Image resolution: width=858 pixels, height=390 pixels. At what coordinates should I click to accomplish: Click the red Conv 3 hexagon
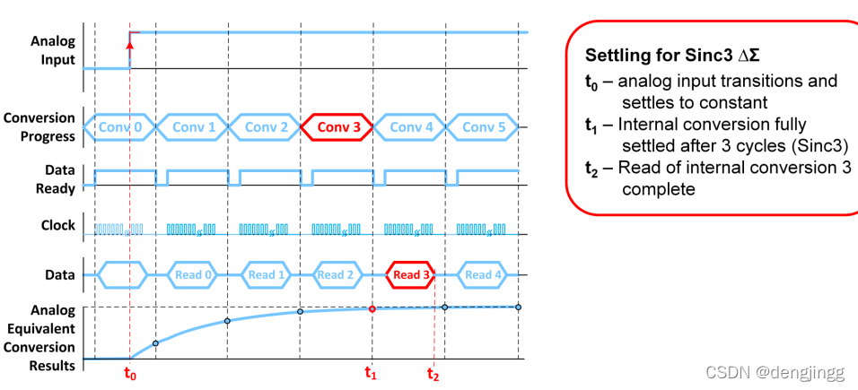click(x=337, y=127)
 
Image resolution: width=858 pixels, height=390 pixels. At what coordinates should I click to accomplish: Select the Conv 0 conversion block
click(x=119, y=127)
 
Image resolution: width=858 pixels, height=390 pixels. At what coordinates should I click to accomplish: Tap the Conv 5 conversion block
click(x=483, y=127)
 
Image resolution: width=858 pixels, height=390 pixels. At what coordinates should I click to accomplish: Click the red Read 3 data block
click(x=412, y=275)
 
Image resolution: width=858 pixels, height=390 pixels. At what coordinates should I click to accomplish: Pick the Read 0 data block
click(x=192, y=275)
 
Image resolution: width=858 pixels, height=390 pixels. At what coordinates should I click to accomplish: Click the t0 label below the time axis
click(x=130, y=374)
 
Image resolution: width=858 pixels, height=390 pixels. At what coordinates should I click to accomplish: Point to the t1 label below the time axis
click(x=371, y=374)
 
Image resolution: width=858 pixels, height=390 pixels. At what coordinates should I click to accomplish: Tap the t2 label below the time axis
click(x=433, y=374)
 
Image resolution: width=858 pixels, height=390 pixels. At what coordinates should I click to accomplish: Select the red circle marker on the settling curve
click(x=372, y=309)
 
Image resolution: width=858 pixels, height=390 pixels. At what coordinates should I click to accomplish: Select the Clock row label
click(x=58, y=226)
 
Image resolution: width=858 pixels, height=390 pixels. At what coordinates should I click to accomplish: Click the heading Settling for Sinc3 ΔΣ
click(x=666, y=55)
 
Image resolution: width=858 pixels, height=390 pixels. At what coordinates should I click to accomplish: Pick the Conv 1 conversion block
click(x=193, y=127)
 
